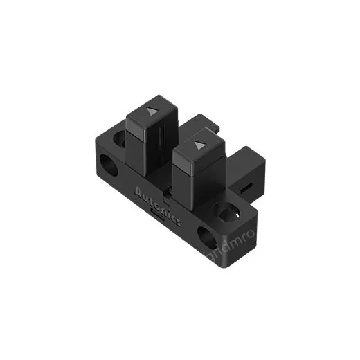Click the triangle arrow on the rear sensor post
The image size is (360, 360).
pos(152,110)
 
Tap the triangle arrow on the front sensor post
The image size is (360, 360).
pos(201,145)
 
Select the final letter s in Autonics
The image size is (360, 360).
pos(177,221)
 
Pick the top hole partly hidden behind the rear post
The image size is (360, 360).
pos(122,140)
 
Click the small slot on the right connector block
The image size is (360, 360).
pos(246,186)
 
